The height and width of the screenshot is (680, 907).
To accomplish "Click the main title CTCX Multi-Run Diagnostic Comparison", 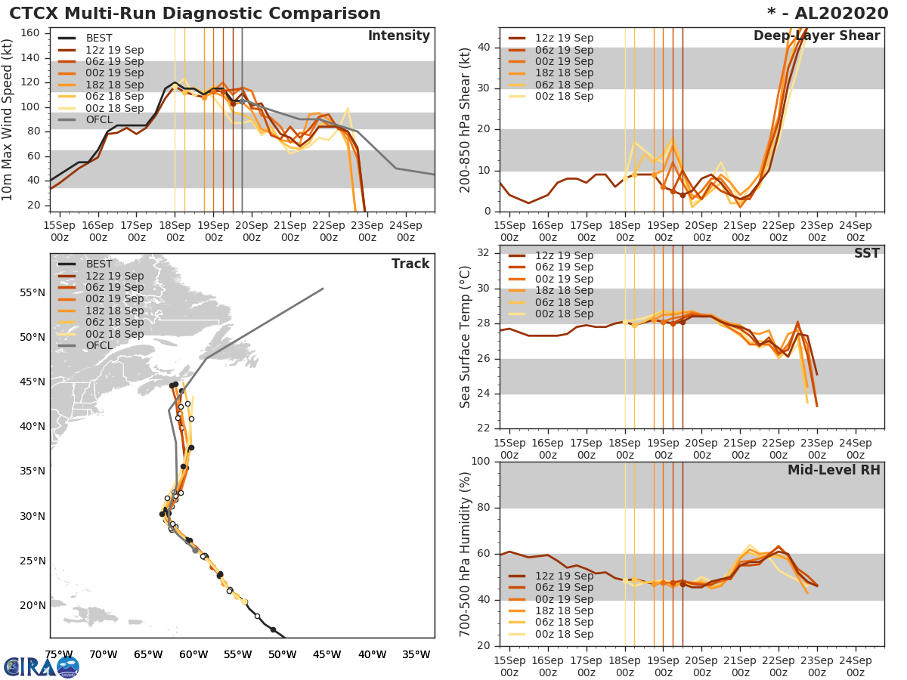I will click(x=195, y=14).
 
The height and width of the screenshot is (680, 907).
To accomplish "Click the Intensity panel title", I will click(x=398, y=36).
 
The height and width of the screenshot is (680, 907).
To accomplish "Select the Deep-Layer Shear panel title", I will click(x=816, y=36).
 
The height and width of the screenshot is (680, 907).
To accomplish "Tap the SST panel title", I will click(x=866, y=253).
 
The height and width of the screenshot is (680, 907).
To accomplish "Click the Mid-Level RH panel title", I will click(x=834, y=470).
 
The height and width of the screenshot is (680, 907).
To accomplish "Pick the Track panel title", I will click(x=410, y=264).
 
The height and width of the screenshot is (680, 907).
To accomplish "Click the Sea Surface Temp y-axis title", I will click(x=466, y=336).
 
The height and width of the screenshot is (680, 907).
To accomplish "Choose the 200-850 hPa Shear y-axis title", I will click(x=466, y=119).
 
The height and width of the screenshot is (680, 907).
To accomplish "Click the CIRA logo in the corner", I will click(x=42, y=666).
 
